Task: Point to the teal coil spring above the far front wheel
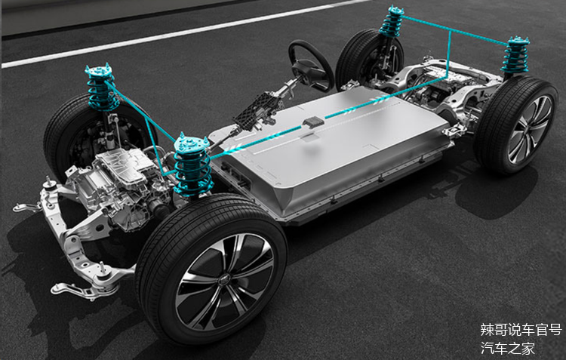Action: (x=101, y=88)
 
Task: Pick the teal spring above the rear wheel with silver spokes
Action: (x=515, y=55)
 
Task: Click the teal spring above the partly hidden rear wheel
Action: (x=392, y=22)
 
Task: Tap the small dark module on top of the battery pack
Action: (x=313, y=122)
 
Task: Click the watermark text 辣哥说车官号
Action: (x=521, y=330)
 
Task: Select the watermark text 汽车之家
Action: (x=507, y=349)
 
